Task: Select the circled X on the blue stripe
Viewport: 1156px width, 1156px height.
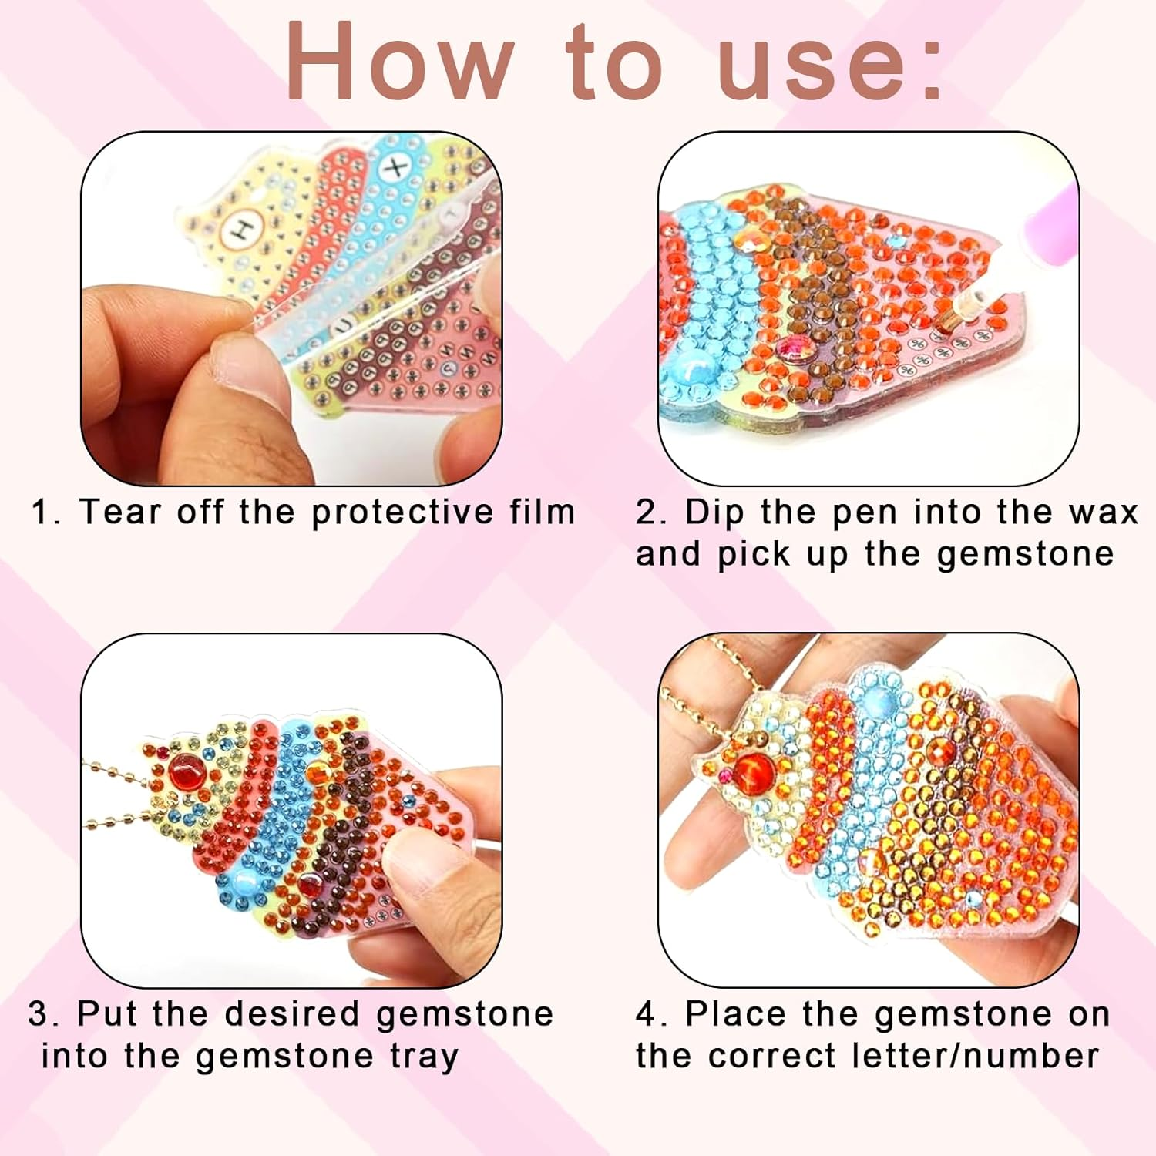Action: (397, 167)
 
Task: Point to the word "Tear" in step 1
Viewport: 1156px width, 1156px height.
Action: (119, 512)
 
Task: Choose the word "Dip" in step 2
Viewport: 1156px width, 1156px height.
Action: (712, 513)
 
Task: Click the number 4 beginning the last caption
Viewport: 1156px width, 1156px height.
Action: (647, 1014)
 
